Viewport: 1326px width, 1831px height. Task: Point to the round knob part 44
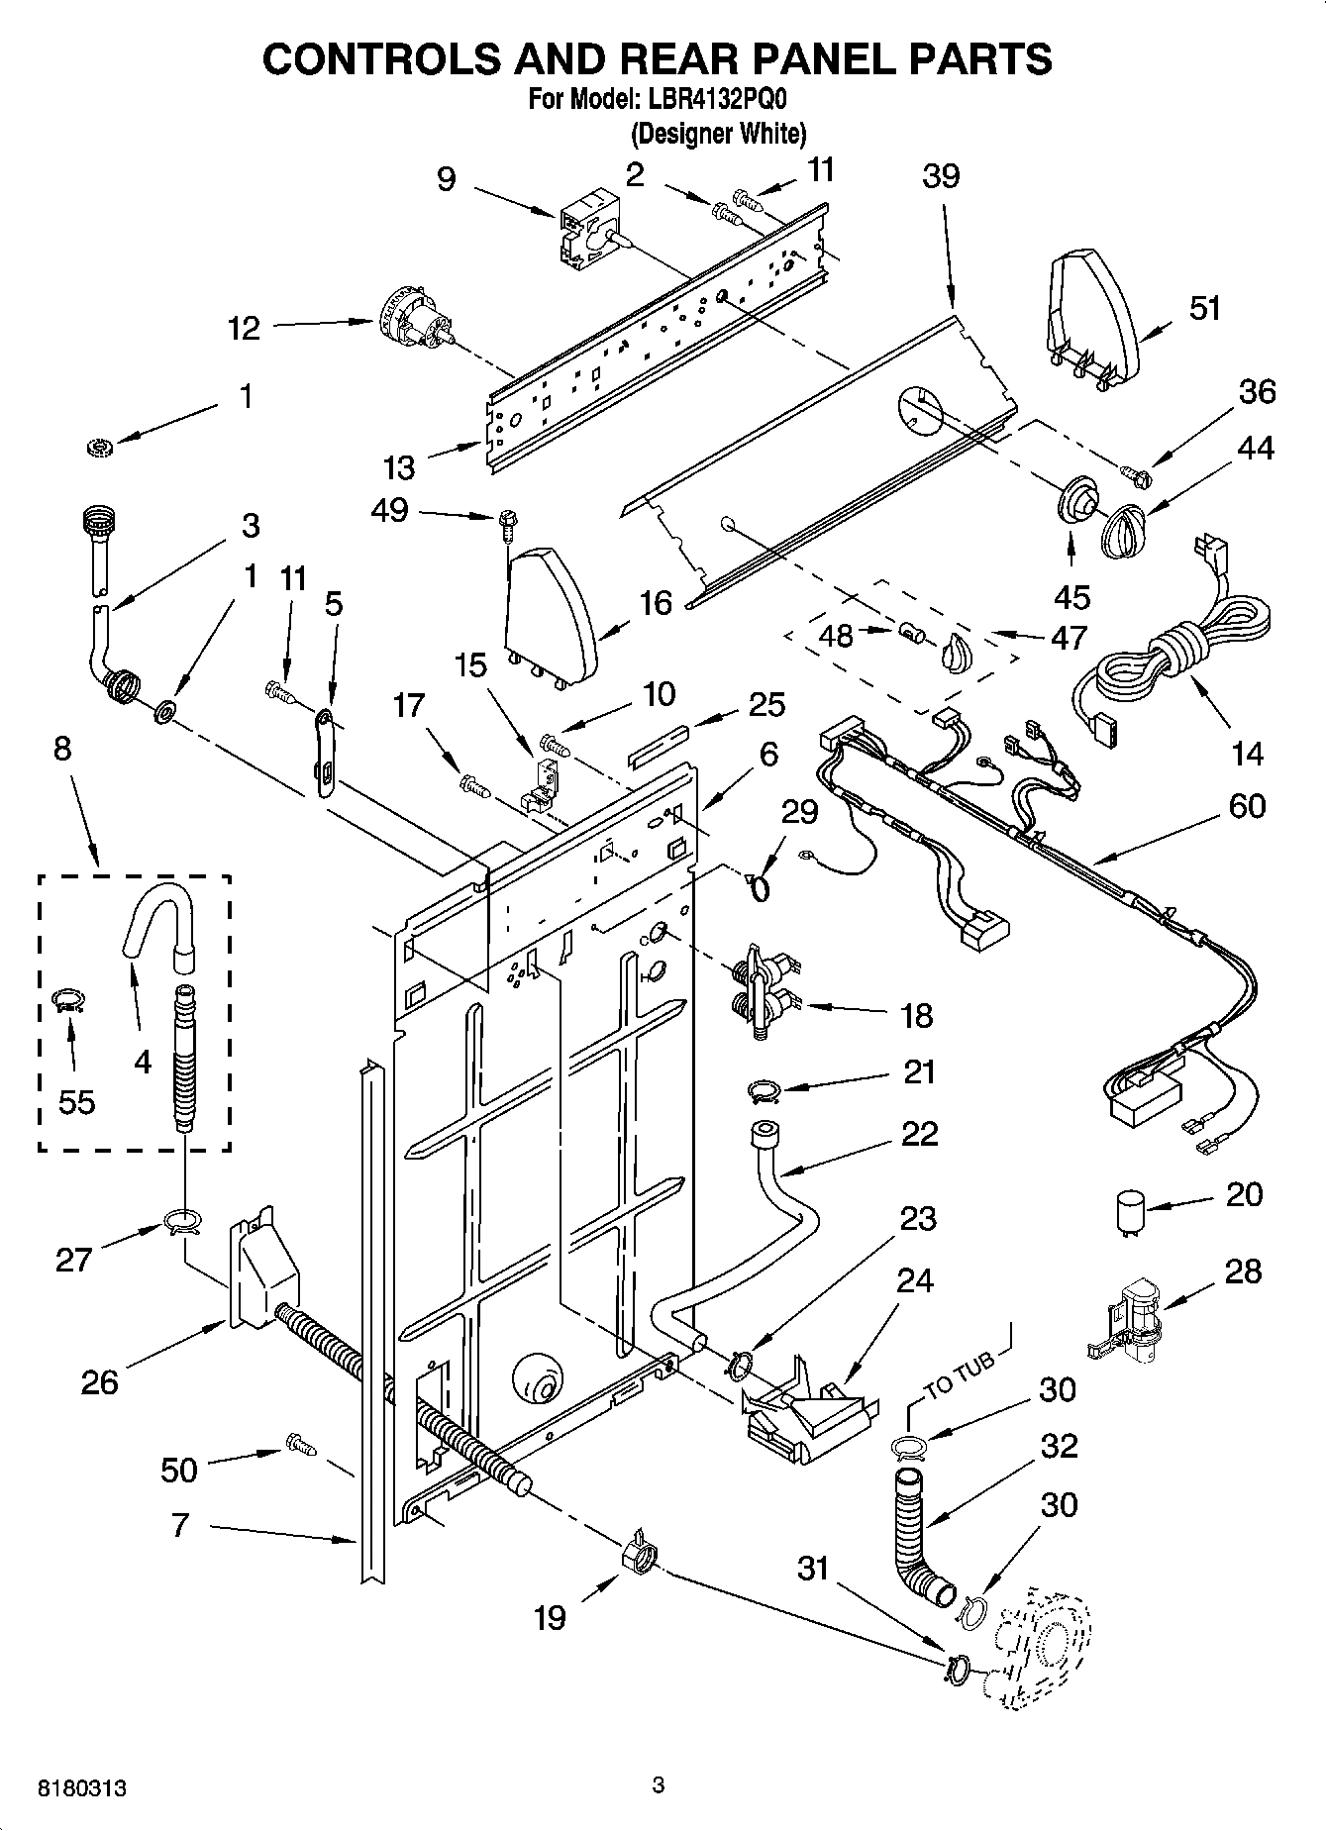(1123, 532)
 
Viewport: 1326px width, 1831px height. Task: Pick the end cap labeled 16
(548, 612)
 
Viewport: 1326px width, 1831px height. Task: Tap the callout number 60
(1246, 807)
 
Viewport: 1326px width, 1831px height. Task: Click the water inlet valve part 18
(761, 993)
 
